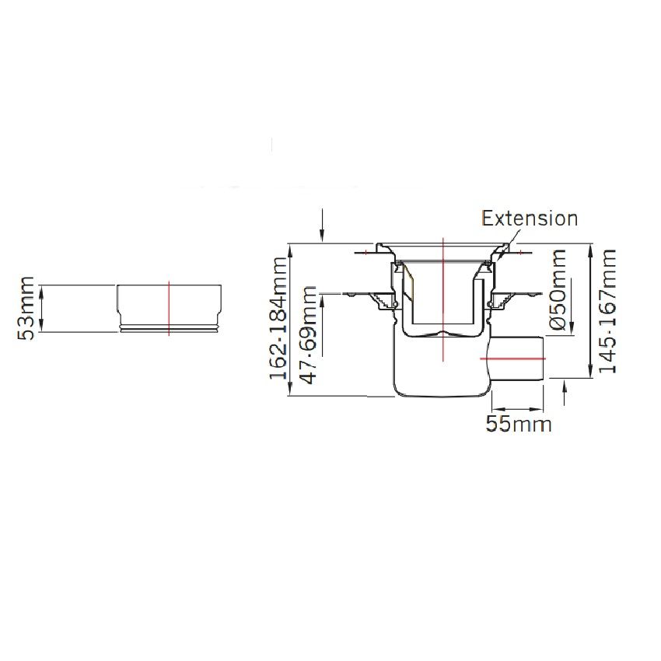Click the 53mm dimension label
(x=26, y=308)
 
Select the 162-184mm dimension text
(x=278, y=318)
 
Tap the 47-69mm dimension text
(x=308, y=335)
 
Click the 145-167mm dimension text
(x=607, y=311)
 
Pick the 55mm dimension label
(x=519, y=424)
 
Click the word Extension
(x=530, y=219)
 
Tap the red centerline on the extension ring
(x=169, y=308)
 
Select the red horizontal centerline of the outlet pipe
(x=513, y=358)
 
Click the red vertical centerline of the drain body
(x=443, y=299)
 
